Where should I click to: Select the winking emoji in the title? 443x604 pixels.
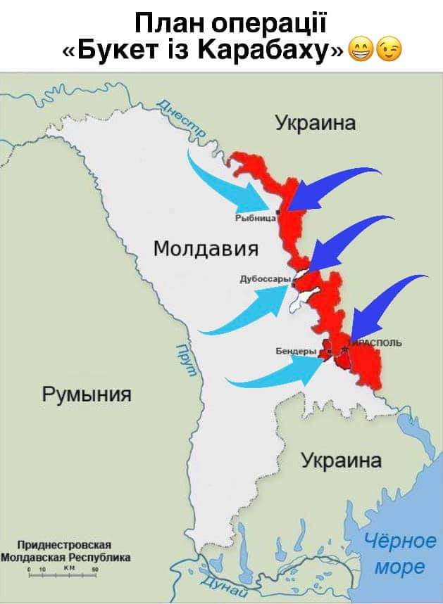(x=389, y=50)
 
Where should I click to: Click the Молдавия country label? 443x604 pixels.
(x=206, y=248)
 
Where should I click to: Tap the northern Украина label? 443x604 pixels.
(x=315, y=124)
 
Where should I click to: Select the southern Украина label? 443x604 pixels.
(x=342, y=461)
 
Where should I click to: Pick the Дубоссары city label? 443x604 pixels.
(x=265, y=279)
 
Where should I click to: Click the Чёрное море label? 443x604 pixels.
(x=399, y=553)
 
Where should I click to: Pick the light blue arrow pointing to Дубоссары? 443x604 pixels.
(x=247, y=313)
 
